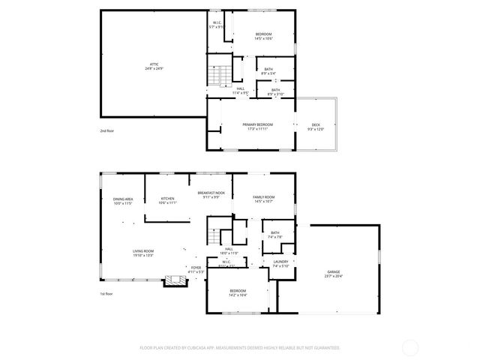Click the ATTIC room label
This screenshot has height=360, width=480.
pyautogui.click(x=154, y=64)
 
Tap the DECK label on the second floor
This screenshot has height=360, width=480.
pyautogui.click(x=316, y=124)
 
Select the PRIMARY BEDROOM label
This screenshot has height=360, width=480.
pyautogui.click(x=257, y=124)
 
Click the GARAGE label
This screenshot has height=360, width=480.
pyautogui.click(x=333, y=271)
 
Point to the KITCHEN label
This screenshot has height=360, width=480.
pyautogui.click(x=166, y=199)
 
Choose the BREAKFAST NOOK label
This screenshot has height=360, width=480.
pyautogui.click(x=210, y=193)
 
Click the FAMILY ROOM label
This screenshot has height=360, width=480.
pyautogui.click(x=262, y=196)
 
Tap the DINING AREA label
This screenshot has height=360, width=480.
pyautogui.click(x=123, y=199)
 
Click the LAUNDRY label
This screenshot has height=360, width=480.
pyautogui.click(x=280, y=262)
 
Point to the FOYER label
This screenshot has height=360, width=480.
pyautogui.click(x=195, y=267)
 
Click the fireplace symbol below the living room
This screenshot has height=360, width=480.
pyautogui.click(x=176, y=281)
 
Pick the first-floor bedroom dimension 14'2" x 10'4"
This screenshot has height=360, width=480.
pyautogui.click(x=237, y=295)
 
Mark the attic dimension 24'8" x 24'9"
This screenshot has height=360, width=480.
pyautogui.click(x=154, y=69)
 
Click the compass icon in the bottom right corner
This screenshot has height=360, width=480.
pyautogui.click(x=410, y=347)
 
